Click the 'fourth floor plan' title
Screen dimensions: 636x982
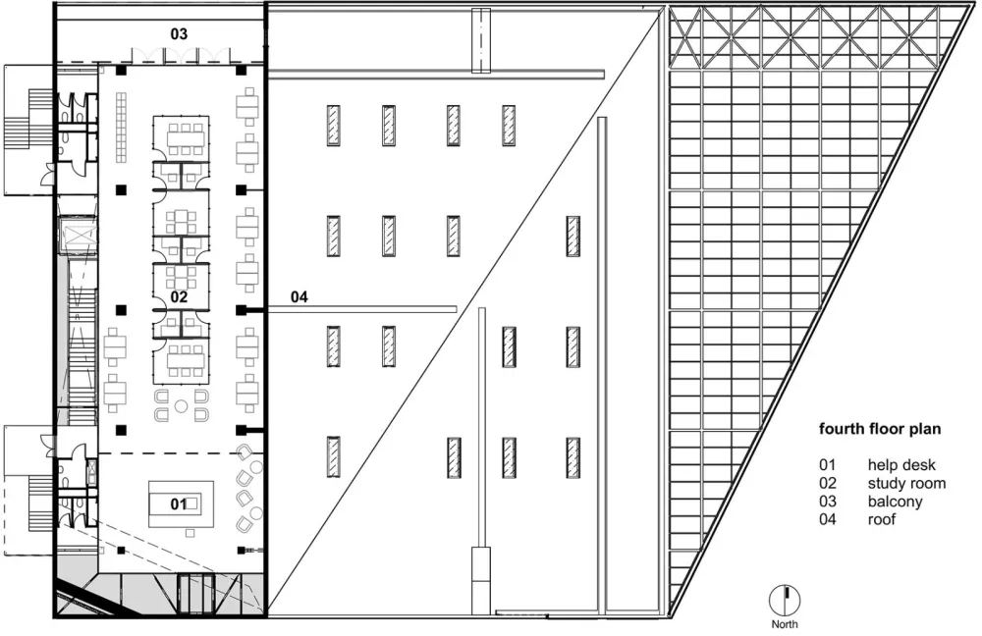coord(881,429)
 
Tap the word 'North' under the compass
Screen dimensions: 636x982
coord(785,623)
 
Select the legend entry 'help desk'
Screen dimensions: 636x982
coord(902,465)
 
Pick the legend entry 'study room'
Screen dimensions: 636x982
coord(906,483)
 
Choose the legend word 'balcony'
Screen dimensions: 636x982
coord(895,502)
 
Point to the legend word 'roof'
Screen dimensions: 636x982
coord(882,519)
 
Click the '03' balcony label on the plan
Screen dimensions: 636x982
coord(179,33)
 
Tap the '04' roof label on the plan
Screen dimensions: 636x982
coord(300,295)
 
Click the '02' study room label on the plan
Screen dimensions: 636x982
coord(179,295)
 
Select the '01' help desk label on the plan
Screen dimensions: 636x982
coord(178,503)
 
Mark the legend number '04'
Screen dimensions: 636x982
coord(829,519)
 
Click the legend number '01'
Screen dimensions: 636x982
coord(829,465)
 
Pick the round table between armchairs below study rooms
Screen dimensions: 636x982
coord(181,403)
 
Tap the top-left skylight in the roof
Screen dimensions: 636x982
coord(334,125)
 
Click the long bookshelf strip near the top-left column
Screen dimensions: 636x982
coord(121,128)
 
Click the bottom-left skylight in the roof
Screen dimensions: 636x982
coord(334,456)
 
